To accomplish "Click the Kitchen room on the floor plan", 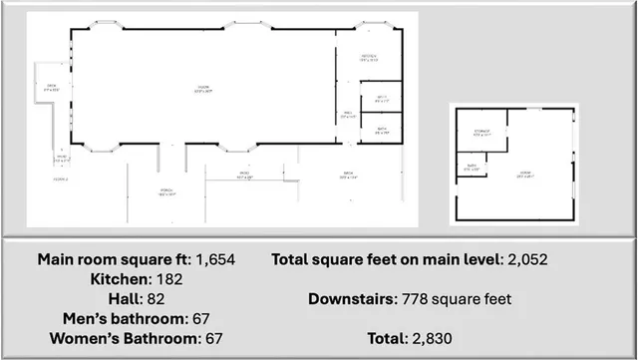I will [367, 58].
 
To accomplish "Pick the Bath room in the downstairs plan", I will [471, 169].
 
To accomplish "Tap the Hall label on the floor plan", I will [349, 116].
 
